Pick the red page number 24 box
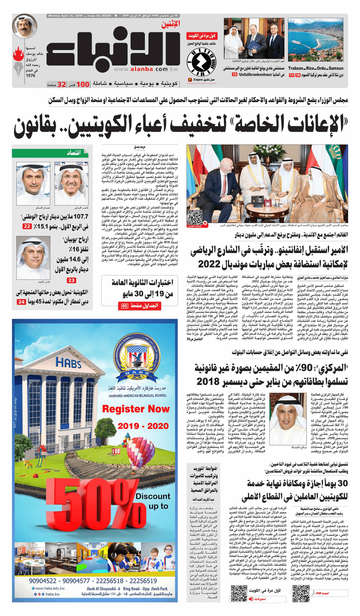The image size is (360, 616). tap(21, 302)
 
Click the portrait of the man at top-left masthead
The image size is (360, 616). tap(24, 27)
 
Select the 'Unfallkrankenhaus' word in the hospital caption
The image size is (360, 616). tap(255, 73)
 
